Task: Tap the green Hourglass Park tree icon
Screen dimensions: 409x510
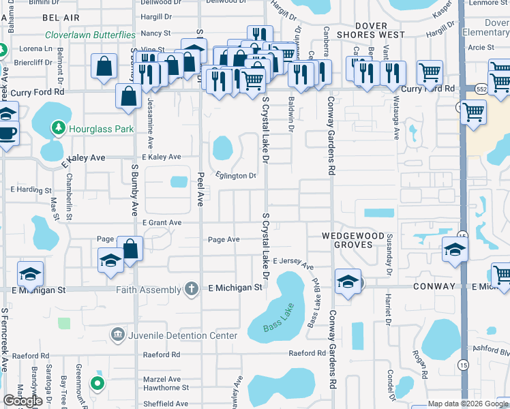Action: [x=59, y=127]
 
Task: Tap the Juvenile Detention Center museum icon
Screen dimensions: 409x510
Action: [x=117, y=335]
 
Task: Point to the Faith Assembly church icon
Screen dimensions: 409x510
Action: [x=192, y=288]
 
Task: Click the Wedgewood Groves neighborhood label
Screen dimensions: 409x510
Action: [x=359, y=236]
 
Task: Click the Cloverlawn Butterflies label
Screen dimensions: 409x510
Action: [x=90, y=35]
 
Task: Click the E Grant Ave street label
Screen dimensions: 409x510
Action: [x=162, y=223]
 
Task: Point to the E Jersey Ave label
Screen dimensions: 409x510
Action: [x=293, y=263]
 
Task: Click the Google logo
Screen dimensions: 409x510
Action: [x=23, y=401]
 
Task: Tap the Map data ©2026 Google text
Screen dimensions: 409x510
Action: [x=468, y=404]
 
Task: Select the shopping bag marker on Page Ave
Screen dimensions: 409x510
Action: [x=130, y=248]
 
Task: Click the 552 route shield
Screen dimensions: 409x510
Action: [x=481, y=89]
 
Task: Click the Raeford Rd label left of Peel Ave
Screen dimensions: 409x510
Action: [x=162, y=354]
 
